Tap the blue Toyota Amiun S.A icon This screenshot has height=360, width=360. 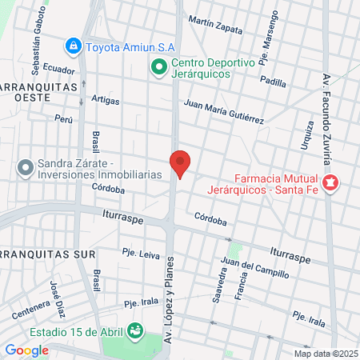[x=74, y=46]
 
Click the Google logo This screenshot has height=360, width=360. [x=26, y=350]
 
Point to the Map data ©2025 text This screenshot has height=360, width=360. [x=326, y=354]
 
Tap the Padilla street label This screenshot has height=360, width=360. [x=273, y=82]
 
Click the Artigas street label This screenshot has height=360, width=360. [x=106, y=101]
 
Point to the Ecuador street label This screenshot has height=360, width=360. [x=59, y=70]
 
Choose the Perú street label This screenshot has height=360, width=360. [x=63, y=118]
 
